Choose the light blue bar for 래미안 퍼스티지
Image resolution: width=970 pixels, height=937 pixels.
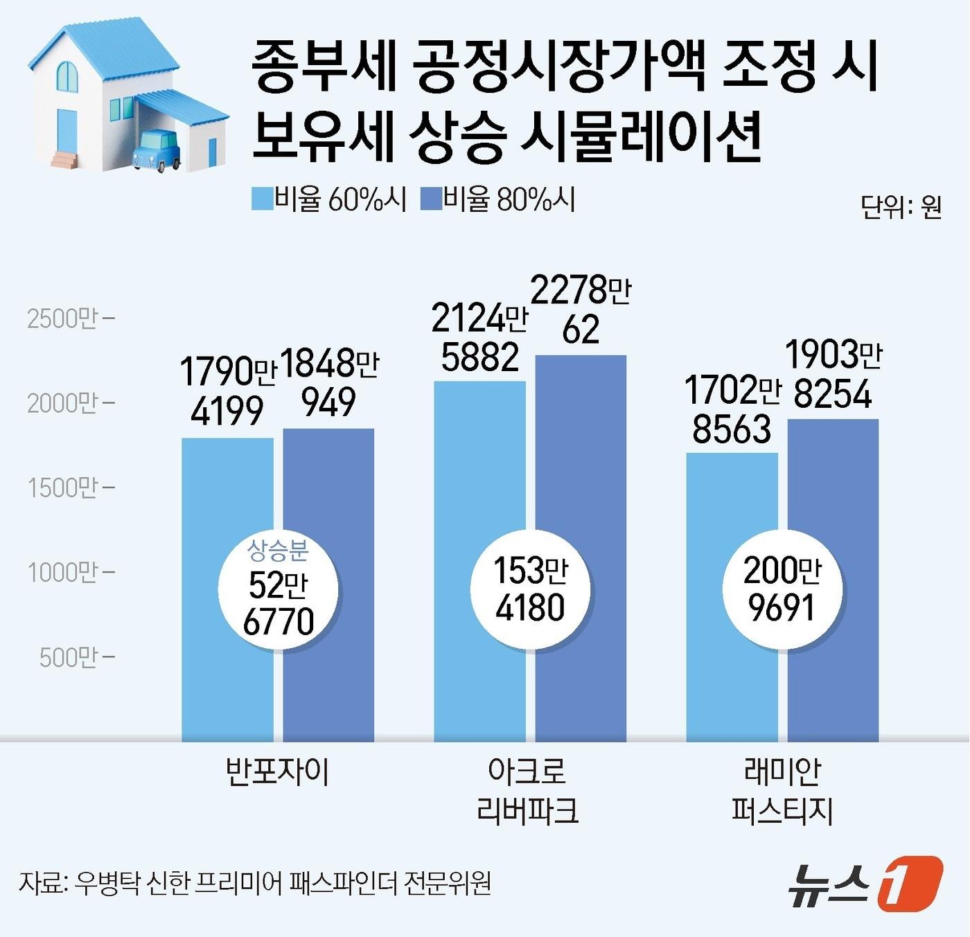[732, 499]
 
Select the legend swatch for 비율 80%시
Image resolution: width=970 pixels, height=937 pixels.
[431, 199]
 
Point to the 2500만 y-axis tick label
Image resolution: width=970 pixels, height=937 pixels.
[62, 319]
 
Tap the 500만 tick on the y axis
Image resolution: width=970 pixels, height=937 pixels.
[68, 657]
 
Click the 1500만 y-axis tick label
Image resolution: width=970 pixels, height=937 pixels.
[62, 488]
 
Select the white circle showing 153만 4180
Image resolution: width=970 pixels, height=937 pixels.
[530, 589]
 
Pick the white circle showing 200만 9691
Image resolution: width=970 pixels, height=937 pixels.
[782, 589]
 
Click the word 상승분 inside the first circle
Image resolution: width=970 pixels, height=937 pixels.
[278, 551]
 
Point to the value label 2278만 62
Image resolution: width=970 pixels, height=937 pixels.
[581, 310]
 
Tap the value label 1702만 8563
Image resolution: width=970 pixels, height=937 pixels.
[732, 409]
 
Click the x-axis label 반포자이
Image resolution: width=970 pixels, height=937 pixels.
[278, 771]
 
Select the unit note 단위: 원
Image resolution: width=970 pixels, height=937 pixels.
[901, 206]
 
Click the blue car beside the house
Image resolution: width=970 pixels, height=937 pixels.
[157, 148]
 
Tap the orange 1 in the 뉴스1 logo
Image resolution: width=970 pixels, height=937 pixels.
[909, 883]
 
